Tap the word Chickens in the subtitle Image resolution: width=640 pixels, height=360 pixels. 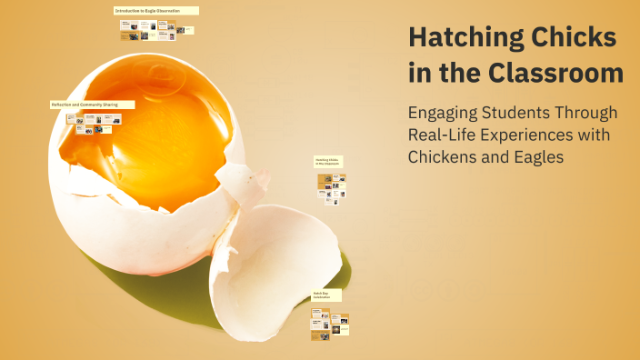point(445,157)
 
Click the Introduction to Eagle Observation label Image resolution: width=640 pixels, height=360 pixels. point(155,11)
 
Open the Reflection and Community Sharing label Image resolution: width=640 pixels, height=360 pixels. point(92,105)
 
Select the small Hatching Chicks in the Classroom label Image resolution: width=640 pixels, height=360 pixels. point(327,162)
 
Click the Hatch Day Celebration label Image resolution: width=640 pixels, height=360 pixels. point(325,295)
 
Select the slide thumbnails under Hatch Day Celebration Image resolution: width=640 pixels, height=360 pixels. point(329,324)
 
